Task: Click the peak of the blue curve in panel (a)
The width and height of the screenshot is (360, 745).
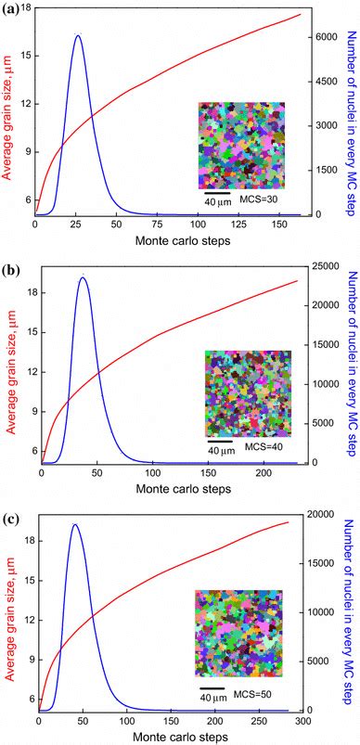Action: (x=78, y=35)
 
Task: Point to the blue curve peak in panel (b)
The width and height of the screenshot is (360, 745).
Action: (x=84, y=277)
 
